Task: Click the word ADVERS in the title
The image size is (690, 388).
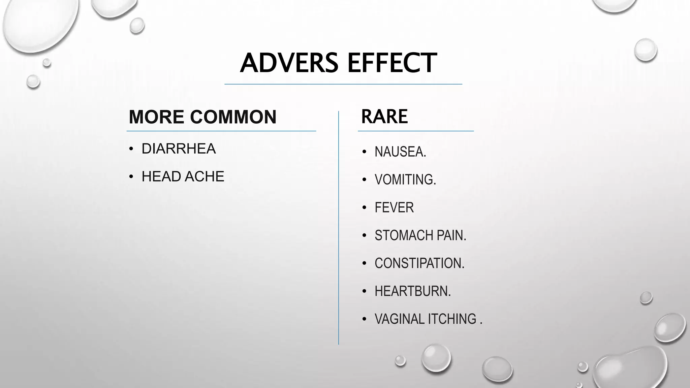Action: point(289,63)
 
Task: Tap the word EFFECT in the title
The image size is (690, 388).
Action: point(392,63)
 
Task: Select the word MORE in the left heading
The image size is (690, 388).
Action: point(157,117)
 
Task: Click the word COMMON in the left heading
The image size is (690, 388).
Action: point(233,117)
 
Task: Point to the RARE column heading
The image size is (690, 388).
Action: point(384,117)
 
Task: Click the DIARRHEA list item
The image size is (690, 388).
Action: point(179,149)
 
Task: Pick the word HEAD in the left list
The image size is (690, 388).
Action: point(161,176)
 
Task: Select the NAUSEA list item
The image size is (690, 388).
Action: point(400,152)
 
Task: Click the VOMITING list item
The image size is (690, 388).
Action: point(405,180)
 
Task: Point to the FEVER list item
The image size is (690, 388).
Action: point(394,207)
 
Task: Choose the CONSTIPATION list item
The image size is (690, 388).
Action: point(419,263)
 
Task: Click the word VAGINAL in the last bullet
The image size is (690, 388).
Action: point(399,319)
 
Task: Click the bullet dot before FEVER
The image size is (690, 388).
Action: point(364,208)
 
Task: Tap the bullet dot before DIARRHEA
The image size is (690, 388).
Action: point(131,149)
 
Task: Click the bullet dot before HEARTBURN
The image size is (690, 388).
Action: point(364,291)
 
